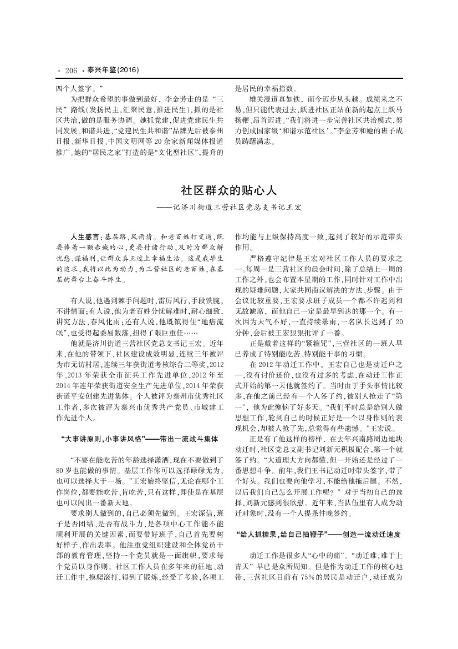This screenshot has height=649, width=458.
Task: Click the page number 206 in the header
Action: [70, 71]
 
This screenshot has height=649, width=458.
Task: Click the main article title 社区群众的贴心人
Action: [228, 190]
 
